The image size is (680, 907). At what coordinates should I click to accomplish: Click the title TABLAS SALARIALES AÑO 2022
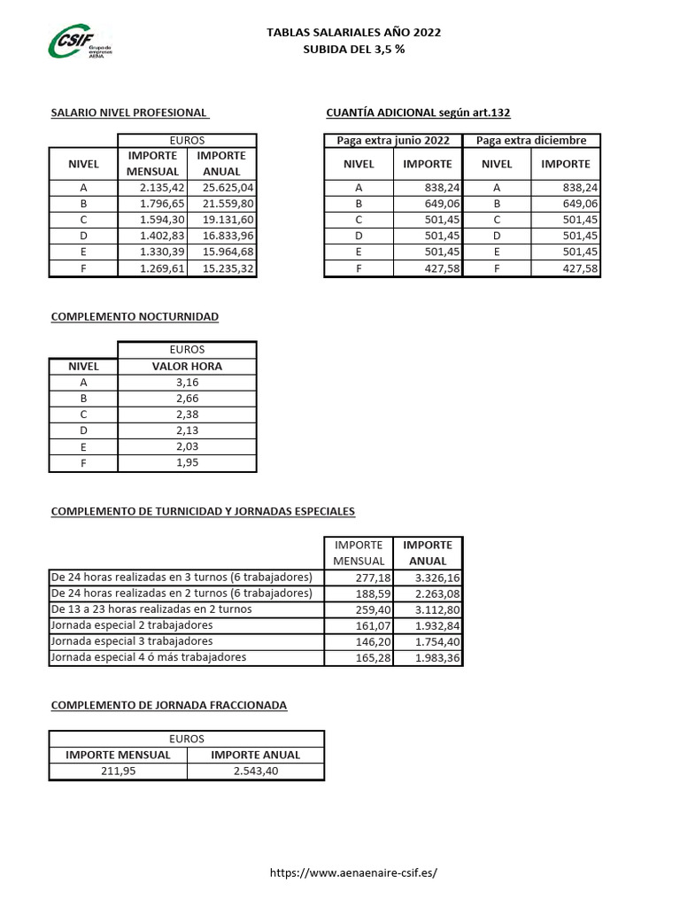(x=353, y=33)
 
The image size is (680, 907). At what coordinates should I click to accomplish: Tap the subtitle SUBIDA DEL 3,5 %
(x=353, y=50)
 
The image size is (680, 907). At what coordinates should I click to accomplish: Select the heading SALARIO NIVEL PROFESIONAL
(x=129, y=113)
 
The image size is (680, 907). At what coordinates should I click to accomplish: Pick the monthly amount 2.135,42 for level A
(x=161, y=188)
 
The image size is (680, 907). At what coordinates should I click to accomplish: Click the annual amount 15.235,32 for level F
(x=228, y=268)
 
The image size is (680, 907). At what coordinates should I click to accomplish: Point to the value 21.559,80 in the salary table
(x=228, y=204)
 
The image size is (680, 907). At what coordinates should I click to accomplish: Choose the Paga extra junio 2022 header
(x=393, y=141)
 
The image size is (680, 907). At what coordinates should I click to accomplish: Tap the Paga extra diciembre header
(x=531, y=141)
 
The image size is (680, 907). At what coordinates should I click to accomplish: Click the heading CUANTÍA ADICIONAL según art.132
(x=418, y=113)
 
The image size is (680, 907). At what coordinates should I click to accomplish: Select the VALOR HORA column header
(x=186, y=366)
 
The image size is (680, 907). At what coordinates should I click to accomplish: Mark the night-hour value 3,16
(x=186, y=383)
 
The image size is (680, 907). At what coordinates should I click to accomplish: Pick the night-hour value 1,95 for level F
(x=186, y=463)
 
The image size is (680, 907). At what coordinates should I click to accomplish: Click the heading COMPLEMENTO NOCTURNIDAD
(x=135, y=316)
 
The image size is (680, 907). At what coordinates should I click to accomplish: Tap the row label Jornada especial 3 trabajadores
(x=131, y=641)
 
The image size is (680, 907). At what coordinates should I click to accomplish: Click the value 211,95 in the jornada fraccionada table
(x=118, y=771)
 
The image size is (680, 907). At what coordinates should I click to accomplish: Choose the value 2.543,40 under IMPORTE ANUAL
(x=255, y=771)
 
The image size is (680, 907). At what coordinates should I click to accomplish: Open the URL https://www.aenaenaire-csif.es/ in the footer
(x=353, y=872)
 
